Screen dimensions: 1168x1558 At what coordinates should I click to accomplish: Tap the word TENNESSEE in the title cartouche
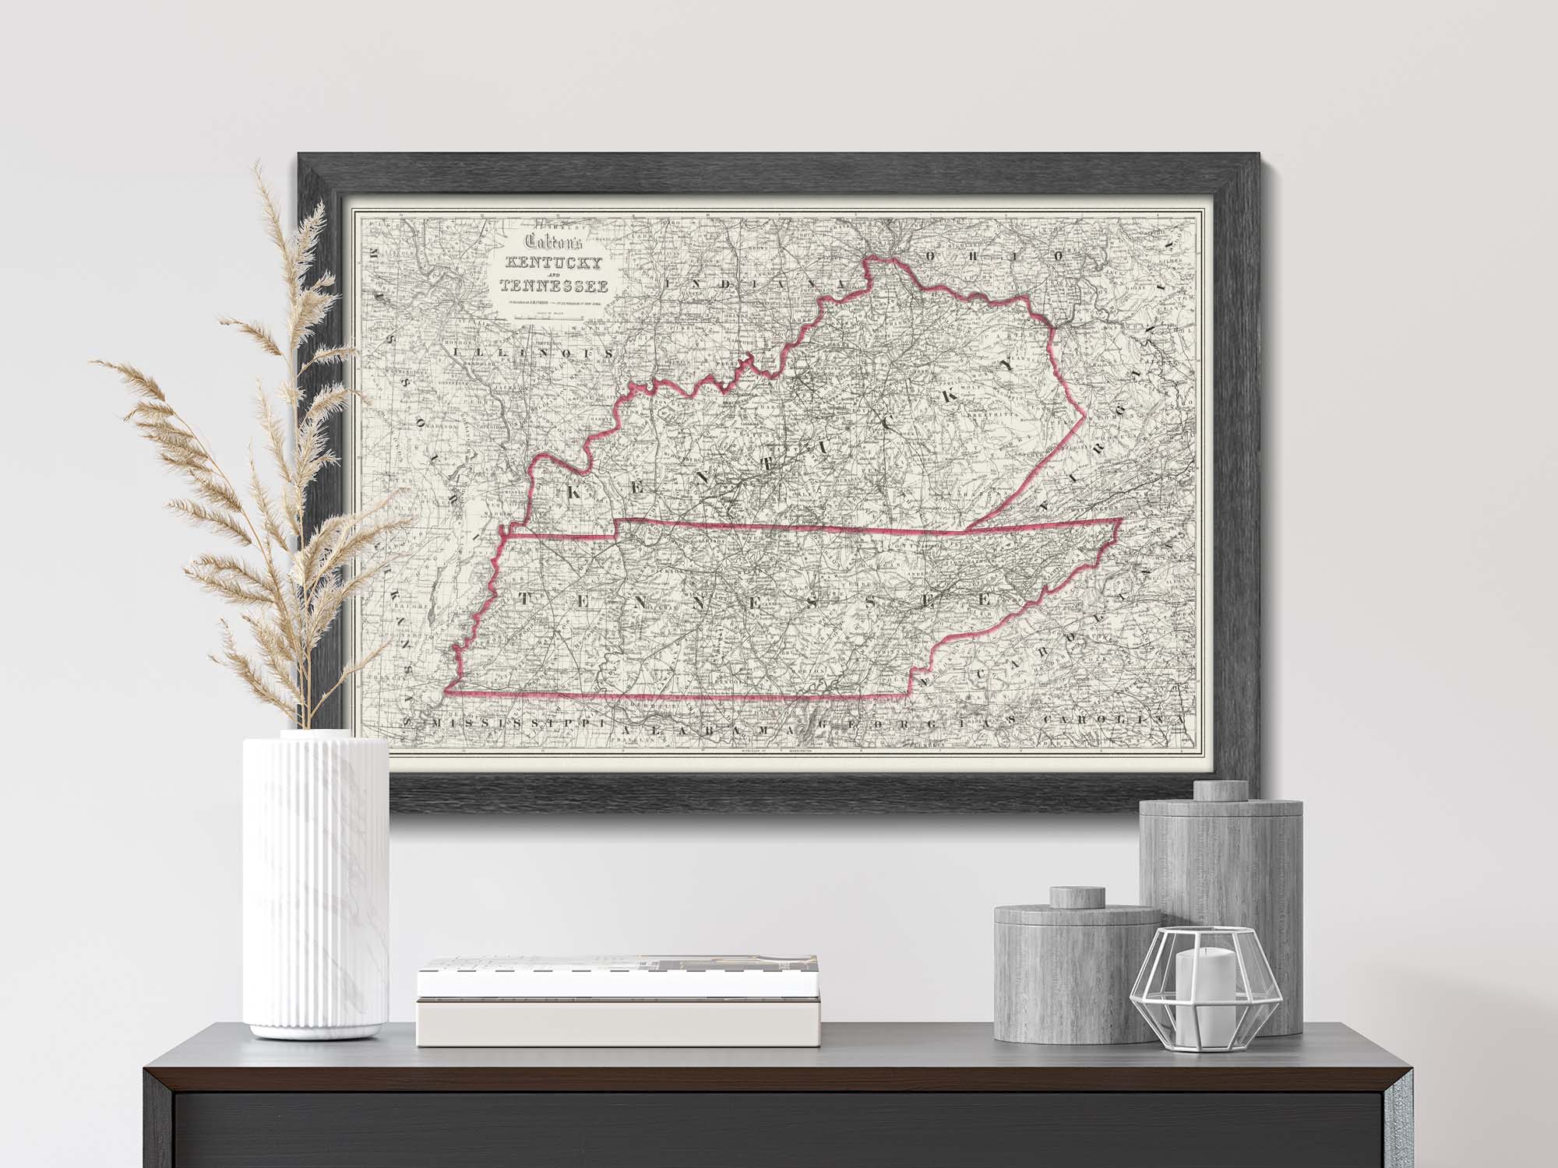tap(554, 286)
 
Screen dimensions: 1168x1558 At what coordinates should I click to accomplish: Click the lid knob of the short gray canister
tap(1074, 898)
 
